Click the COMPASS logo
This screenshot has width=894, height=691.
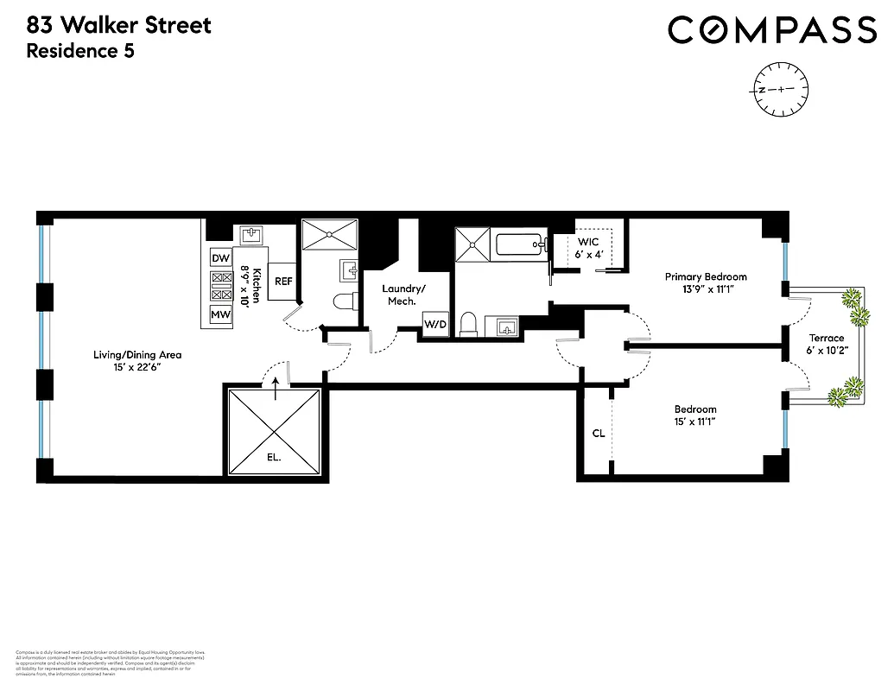click(x=772, y=30)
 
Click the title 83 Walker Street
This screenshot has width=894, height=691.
click(x=119, y=24)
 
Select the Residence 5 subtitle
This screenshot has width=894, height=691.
click(x=80, y=51)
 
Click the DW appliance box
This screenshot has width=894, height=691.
click(x=221, y=257)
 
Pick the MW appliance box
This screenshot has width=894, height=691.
click(x=221, y=315)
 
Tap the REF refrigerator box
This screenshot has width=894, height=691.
click(x=283, y=282)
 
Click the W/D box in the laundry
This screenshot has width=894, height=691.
click(x=433, y=323)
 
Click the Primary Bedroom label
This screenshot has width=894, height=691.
click(x=706, y=282)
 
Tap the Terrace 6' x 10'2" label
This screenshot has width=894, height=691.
click(x=826, y=344)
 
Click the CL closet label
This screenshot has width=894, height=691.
click(x=599, y=434)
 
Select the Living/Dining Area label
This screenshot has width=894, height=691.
click(x=138, y=360)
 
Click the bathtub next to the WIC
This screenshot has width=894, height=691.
click(x=522, y=244)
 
